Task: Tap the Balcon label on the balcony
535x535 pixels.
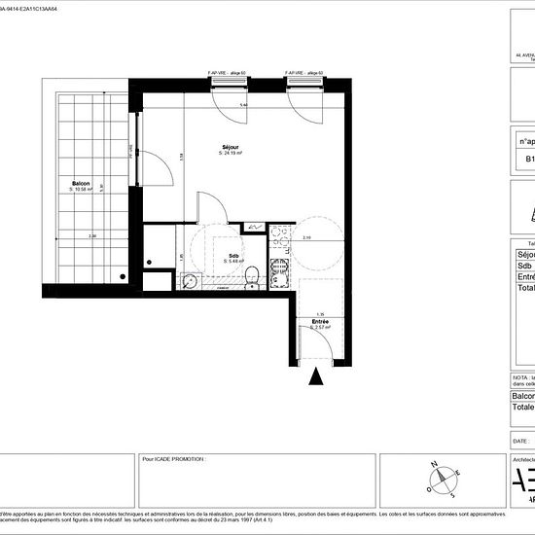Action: pos(81,184)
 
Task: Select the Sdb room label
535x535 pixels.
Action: pos(234,256)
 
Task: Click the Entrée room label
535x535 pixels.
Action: pos(320,321)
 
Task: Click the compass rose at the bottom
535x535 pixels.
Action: pos(443,477)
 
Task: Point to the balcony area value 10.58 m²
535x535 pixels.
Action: pos(81,190)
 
